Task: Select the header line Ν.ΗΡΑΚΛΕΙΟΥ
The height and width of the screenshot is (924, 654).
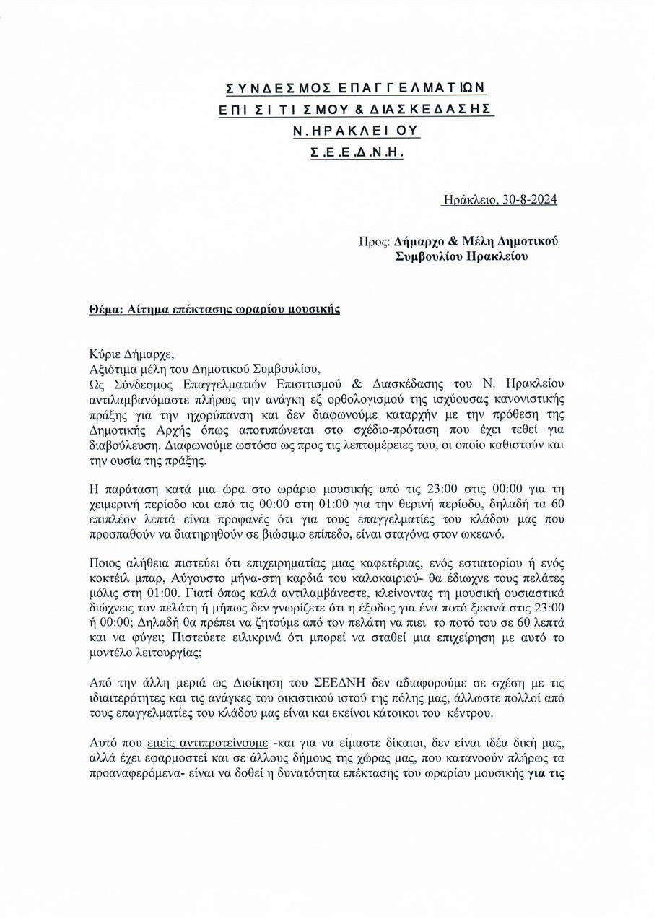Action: pos(356,131)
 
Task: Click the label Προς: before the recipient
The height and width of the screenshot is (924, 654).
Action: pos(374,242)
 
